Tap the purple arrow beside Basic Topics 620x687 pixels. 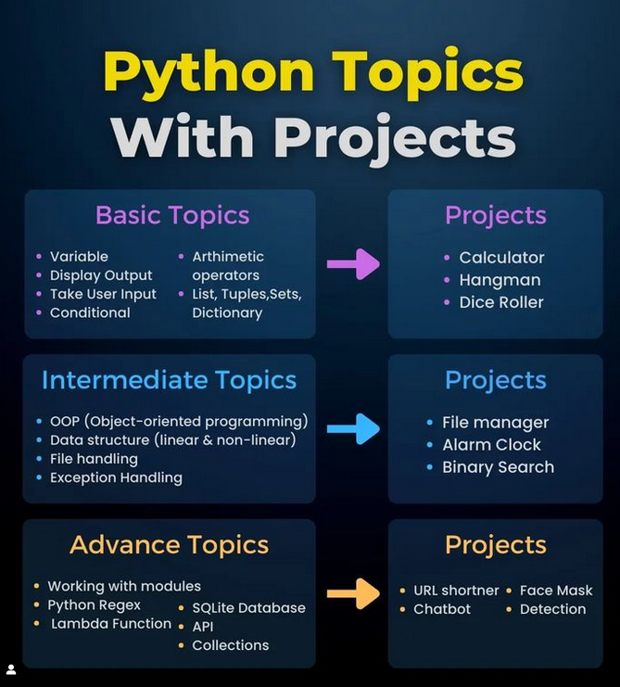point(353,264)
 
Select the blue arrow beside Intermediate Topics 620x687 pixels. point(353,428)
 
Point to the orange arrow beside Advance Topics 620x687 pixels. point(353,593)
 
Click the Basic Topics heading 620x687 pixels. point(172,216)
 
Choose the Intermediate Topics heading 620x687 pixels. point(169,380)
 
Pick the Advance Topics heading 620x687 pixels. point(169,544)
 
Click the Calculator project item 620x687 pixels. point(501,258)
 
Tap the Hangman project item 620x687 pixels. point(500,280)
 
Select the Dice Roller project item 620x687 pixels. point(501,302)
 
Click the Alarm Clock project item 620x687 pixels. point(491,445)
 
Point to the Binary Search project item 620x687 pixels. point(498,467)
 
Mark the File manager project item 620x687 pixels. point(495,423)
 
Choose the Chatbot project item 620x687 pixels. point(442,609)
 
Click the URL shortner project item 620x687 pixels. point(456,591)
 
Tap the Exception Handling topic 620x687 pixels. point(116,478)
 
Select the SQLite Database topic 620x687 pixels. point(248,608)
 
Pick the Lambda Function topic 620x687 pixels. point(111,624)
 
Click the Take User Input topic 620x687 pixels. point(103,294)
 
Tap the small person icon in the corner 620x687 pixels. point(11,669)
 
